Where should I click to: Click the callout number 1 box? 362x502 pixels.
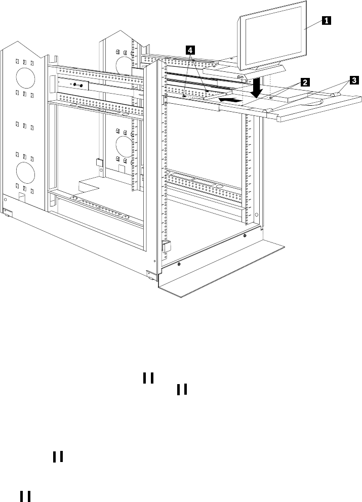(327, 21)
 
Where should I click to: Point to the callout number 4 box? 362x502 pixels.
(190, 50)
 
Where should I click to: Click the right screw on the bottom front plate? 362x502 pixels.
(245, 235)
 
